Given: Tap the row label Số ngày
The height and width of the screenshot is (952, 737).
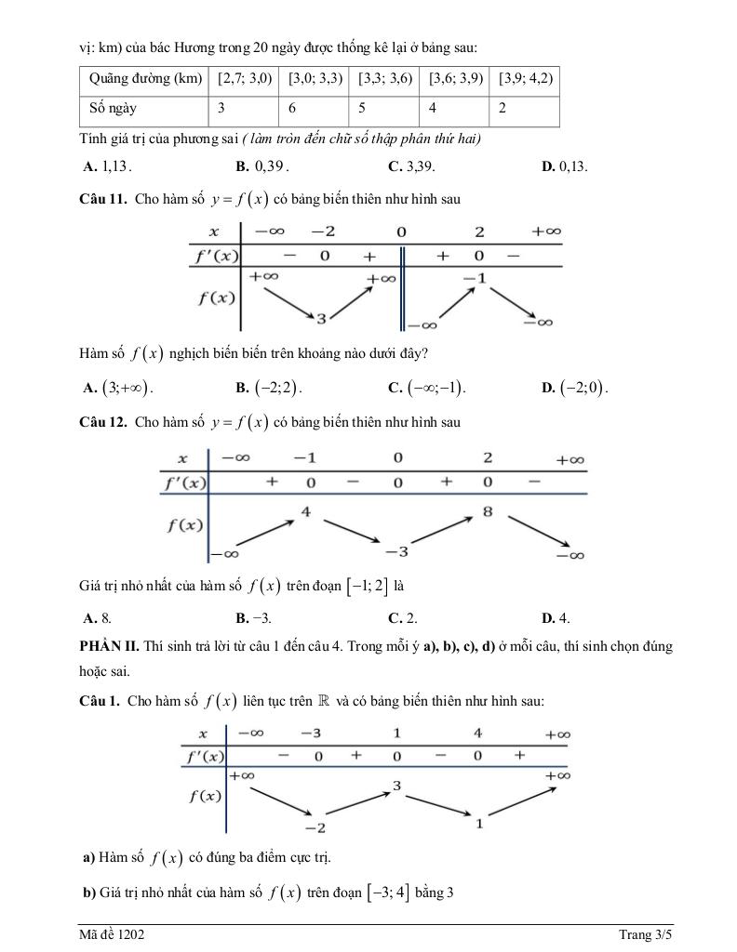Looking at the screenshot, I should [x=113, y=109].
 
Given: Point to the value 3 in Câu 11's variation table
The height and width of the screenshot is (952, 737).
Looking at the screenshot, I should [x=320, y=319].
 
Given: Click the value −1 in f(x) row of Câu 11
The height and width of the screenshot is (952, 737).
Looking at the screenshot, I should [x=475, y=278].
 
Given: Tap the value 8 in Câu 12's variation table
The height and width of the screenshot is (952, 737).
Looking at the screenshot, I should [x=488, y=511].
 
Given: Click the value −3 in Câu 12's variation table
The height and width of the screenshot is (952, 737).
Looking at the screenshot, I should [x=396, y=552].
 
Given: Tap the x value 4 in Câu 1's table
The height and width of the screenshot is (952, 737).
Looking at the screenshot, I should [x=478, y=734].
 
